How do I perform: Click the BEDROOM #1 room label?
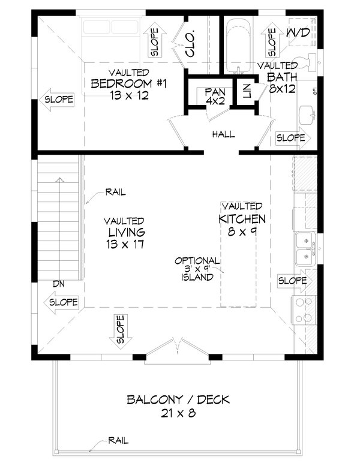tap(127, 84)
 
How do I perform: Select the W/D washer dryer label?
tap(298, 34)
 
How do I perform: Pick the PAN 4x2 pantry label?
tap(214, 96)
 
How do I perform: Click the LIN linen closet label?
tap(246, 92)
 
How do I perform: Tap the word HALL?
tap(223, 134)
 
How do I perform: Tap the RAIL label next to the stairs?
tap(115, 193)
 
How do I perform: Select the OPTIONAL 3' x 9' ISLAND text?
tap(197, 269)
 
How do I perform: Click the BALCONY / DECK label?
tap(179, 399)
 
